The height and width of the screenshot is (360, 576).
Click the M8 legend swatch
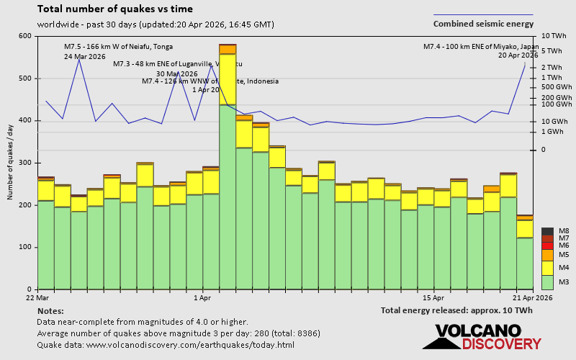547,231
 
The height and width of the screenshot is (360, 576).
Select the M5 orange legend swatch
547,255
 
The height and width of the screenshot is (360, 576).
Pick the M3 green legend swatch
547,282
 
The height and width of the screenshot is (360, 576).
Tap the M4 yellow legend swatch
547,267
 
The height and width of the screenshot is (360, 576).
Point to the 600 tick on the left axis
25,36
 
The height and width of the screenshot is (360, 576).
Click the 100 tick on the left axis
25,247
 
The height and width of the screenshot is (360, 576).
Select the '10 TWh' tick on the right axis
554,36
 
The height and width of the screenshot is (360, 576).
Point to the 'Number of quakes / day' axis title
10,162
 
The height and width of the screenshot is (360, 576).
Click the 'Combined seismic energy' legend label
483,24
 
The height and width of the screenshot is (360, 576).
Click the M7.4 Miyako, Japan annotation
480,47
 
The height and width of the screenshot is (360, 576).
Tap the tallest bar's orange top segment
228,49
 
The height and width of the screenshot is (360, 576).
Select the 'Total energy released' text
456,310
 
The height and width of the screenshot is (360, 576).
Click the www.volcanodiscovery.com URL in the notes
186,345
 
